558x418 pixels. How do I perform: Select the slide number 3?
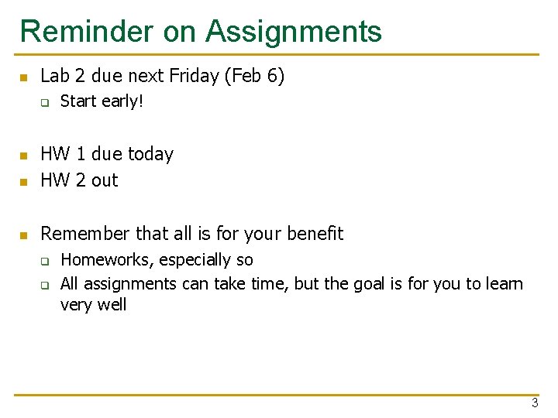[535, 403]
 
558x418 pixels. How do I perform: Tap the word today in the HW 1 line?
[151, 154]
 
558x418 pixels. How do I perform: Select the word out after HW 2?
[105, 180]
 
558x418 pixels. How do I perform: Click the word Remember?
[85, 233]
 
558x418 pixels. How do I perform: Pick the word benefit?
[315, 233]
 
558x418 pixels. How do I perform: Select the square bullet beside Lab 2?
[24, 77]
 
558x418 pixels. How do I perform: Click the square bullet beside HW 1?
[24, 156]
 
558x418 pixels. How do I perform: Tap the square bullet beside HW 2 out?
[24, 182]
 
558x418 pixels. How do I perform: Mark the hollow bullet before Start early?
[45, 102]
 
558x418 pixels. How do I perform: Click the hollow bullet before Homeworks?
[45, 261]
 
